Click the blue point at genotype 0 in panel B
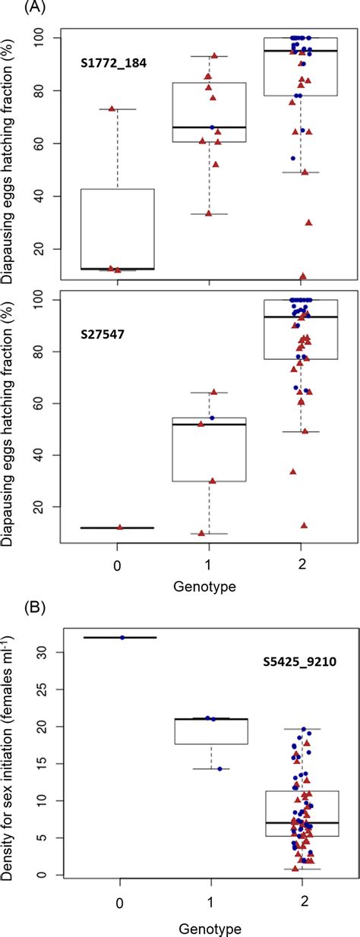point(122,637)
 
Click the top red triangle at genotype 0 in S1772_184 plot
point(112,109)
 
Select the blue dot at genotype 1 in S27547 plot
point(212,418)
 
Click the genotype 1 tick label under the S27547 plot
point(210,568)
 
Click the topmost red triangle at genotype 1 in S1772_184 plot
point(215,55)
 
